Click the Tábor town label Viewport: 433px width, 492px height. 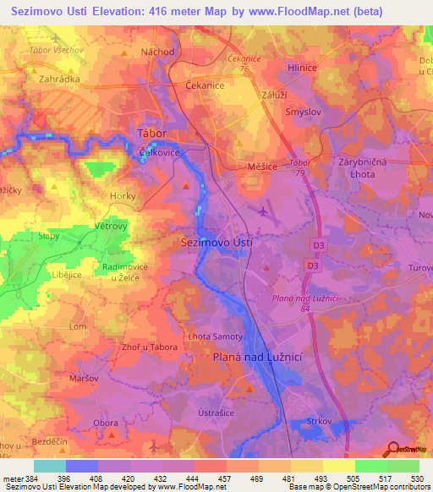coord(152,134)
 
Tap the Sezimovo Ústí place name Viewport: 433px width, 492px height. coord(217,242)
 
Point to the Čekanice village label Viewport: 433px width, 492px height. coord(204,86)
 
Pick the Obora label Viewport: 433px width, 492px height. coord(106,423)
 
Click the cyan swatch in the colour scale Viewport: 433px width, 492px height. coord(49,466)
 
